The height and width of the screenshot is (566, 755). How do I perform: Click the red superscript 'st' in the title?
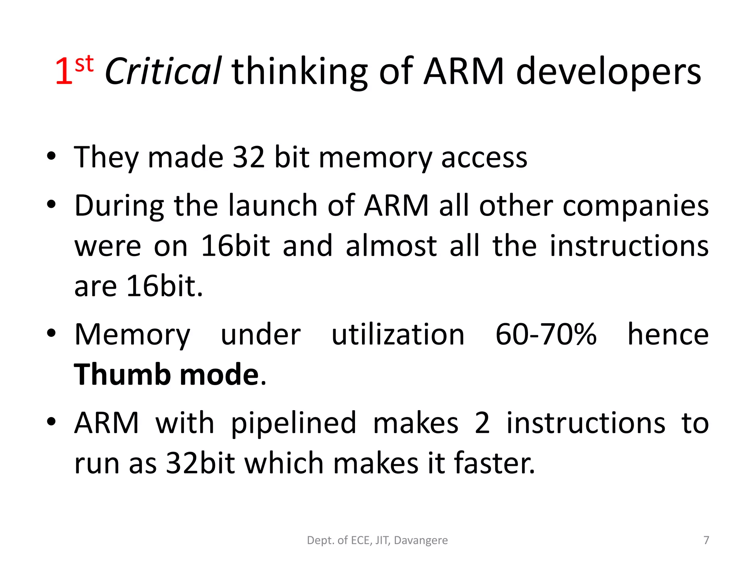pyautogui.click(x=84, y=64)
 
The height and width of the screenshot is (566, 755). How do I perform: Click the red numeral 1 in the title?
pyautogui.click(x=63, y=72)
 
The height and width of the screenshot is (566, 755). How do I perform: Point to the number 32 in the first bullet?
pyautogui.click(x=249, y=157)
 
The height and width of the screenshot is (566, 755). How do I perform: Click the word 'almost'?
pyautogui.click(x=391, y=246)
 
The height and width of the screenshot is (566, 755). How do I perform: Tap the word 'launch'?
pyautogui.click(x=273, y=206)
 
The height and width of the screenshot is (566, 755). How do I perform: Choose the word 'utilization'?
pyautogui.click(x=398, y=335)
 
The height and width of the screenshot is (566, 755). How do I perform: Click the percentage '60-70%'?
pyautogui.click(x=546, y=335)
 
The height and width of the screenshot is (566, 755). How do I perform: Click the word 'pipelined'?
pyautogui.click(x=293, y=423)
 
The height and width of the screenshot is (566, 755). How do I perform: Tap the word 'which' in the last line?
pyautogui.click(x=284, y=463)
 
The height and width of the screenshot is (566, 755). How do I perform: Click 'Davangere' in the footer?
pyautogui.click(x=421, y=540)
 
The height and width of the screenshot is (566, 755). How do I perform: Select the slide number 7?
pyautogui.click(x=706, y=540)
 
